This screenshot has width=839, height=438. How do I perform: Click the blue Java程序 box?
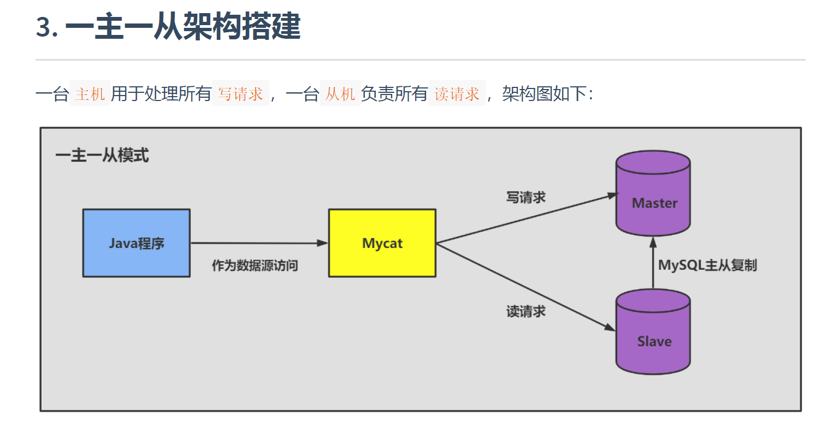(x=136, y=243)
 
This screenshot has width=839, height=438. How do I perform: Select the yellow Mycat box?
(x=382, y=243)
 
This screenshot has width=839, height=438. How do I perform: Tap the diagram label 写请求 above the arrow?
(x=525, y=197)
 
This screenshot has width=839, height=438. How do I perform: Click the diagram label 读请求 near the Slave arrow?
(x=525, y=311)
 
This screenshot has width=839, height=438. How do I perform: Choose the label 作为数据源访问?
(x=255, y=266)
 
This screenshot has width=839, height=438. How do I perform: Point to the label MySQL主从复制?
(x=707, y=265)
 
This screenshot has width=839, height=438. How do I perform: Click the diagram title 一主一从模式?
(x=102, y=156)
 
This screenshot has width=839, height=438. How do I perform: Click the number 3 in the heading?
(x=44, y=27)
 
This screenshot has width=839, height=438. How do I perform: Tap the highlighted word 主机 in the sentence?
(x=90, y=94)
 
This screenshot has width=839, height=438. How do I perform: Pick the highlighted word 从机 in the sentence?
(x=340, y=94)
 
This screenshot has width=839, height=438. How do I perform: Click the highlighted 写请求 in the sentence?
(x=240, y=94)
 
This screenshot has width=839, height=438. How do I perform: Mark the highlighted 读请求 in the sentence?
(x=457, y=94)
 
